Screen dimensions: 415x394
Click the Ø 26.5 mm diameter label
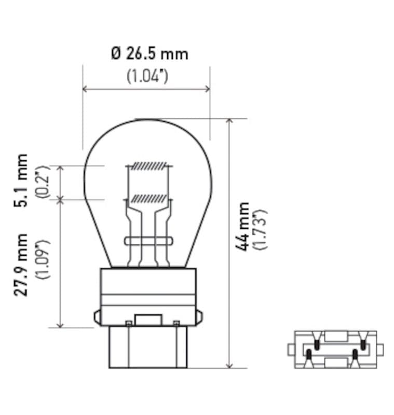[150, 53]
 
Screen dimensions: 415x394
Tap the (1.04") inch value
[147, 76]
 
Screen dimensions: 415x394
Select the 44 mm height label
[242, 226]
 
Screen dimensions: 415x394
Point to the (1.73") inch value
[260, 229]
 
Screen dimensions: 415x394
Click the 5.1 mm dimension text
[21, 180]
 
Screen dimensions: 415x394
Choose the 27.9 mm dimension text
[21, 265]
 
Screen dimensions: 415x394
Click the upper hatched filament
[149, 166]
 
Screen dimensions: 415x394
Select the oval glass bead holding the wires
[148, 240]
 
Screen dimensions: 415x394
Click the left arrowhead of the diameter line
[85, 89]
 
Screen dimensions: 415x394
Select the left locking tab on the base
[97, 317]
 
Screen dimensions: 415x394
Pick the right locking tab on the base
[199, 317]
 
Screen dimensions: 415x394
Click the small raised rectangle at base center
[148, 320]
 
